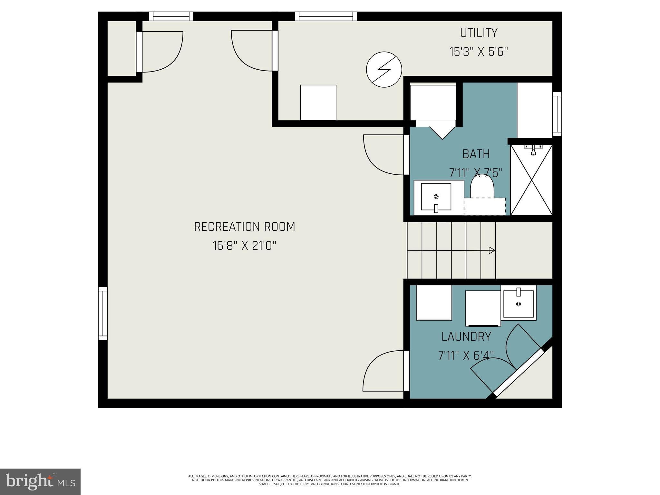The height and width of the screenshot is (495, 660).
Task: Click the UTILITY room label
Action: click(x=478, y=33)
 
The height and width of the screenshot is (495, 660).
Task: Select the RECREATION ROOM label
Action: click(x=244, y=227)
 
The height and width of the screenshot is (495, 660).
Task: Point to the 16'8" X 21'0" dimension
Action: click(x=244, y=246)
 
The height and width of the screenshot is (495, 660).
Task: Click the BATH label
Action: click(x=476, y=154)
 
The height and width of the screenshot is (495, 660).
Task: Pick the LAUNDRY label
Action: click(x=466, y=337)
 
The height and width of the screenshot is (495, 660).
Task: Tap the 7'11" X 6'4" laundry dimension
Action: click(x=466, y=356)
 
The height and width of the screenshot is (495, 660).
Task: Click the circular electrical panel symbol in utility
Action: click(x=384, y=69)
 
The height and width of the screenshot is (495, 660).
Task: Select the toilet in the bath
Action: click(x=482, y=187)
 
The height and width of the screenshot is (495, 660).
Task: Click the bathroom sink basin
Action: click(x=436, y=197)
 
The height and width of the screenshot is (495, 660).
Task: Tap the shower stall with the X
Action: click(x=531, y=180)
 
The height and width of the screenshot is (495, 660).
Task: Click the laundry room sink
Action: click(x=518, y=303)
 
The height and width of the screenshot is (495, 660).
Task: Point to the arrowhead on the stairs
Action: click(x=492, y=250)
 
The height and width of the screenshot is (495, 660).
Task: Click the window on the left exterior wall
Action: click(x=102, y=313)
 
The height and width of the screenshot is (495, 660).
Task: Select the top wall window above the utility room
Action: click(x=326, y=16)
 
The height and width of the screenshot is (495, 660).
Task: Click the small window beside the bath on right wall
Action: click(x=557, y=114)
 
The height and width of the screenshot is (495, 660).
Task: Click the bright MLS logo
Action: click(x=40, y=481)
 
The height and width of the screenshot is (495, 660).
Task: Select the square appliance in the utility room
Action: click(x=318, y=102)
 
